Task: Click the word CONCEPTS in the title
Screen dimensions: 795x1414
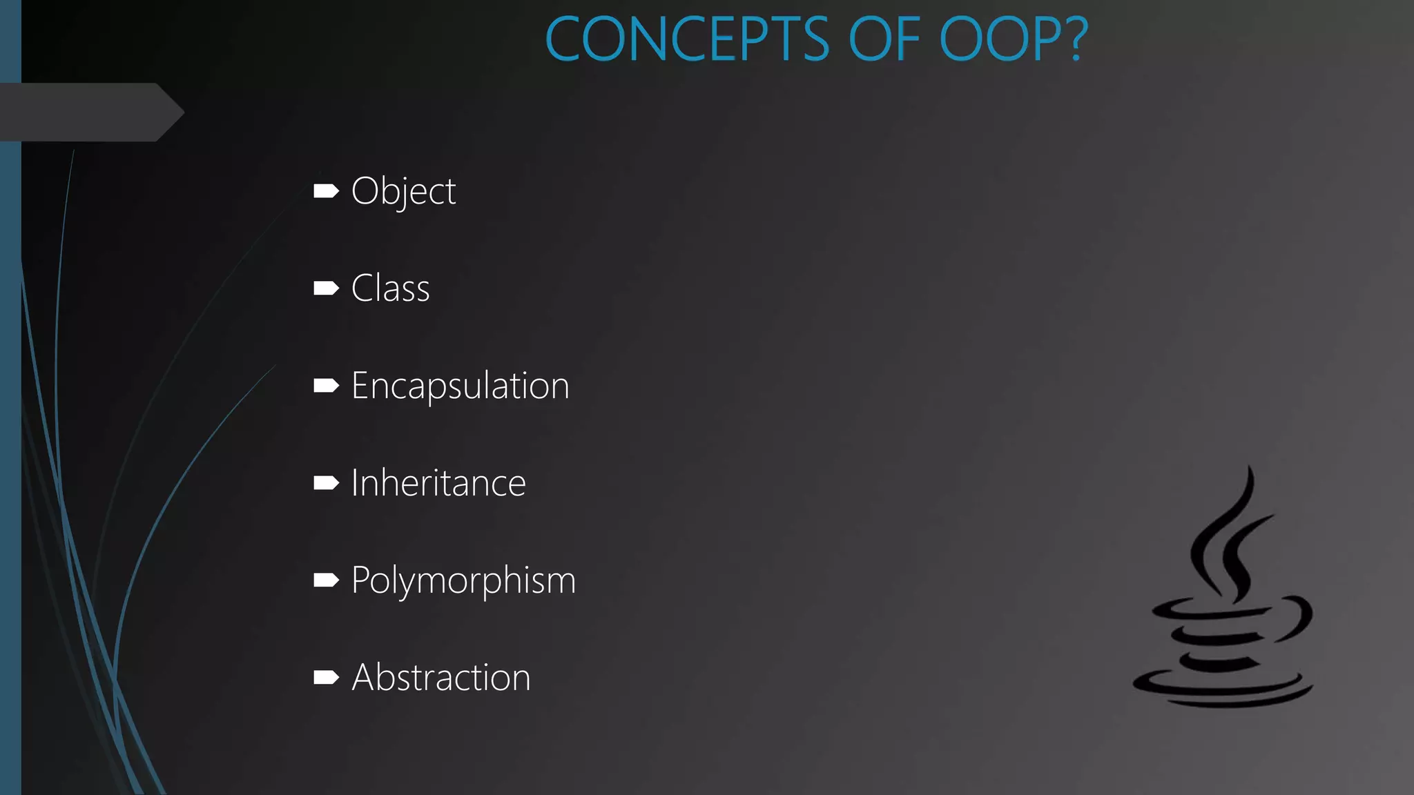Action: coord(687,39)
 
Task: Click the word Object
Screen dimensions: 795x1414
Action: coord(403,191)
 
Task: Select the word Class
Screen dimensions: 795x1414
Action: coord(390,288)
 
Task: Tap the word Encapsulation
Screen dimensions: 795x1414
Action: coord(460,386)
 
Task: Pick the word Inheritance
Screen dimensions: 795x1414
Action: coord(438,483)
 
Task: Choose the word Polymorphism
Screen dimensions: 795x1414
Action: coord(463,580)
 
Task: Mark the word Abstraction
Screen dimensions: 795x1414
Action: coord(441,678)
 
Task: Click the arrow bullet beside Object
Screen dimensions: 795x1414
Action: coord(326,191)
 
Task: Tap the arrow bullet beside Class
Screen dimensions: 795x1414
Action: coord(326,288)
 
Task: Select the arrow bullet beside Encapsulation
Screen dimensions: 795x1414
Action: coord(326,386)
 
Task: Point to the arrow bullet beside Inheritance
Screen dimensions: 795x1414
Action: coord(326,483)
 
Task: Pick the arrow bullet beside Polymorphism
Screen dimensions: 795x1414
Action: coord(326,580)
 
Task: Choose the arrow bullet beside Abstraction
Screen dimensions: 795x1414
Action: coord(326,678)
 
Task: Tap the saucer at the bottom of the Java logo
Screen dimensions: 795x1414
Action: coord(1222,690)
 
